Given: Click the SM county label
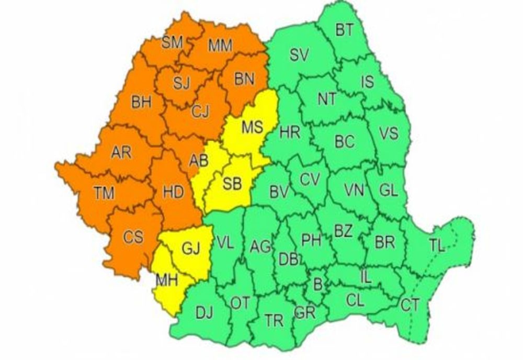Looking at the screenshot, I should [172, 43].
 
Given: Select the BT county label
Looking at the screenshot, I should [344, 30].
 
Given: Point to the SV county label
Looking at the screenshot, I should [300, 55].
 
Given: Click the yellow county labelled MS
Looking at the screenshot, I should [252, 127].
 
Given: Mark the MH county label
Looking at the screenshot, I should [167, 280].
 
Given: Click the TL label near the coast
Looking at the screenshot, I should [437, 246].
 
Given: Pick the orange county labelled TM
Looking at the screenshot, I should [105, 194].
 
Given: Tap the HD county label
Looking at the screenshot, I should [174, 192].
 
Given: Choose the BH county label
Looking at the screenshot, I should [141, 102].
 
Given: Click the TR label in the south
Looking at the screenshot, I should [274, 321].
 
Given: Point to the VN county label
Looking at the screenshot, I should [354, 190].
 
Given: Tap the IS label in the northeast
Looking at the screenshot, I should [368, 81].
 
